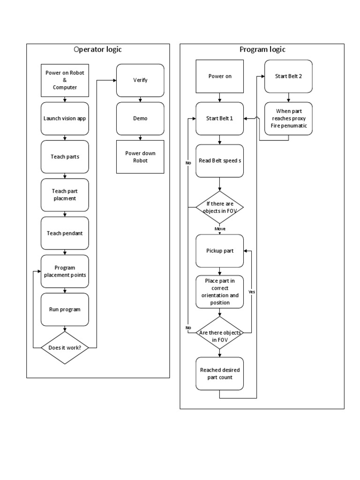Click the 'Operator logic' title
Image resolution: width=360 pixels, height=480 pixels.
point(98,50)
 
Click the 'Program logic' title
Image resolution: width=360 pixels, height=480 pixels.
point(262,50)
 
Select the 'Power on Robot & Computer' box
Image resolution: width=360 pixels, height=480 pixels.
point(65,80)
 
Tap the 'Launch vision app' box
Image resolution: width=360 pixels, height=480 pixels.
point(65,118)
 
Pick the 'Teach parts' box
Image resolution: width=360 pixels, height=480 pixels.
point(65,157)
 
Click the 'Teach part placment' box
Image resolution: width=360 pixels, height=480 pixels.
point(65,195)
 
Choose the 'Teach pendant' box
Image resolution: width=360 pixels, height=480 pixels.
point(65,233)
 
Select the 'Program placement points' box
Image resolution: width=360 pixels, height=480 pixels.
point(65,271)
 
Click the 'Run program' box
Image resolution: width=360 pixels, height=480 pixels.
point(65,309)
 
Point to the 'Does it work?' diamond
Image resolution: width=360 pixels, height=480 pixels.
point(65,348)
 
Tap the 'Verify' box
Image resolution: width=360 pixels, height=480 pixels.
point(140,80)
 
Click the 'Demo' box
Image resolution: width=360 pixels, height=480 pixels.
point(140,118)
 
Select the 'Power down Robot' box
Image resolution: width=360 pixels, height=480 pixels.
point(140,157)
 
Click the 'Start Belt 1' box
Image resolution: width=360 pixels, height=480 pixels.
point(220,118)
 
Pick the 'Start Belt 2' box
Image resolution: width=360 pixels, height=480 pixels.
point(288,76)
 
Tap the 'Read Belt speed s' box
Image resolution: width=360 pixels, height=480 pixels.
point(220,161)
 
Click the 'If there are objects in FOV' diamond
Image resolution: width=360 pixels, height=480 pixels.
point(220,207)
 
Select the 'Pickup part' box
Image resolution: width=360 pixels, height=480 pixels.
point(220,251)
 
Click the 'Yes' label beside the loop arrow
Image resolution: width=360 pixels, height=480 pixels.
point(252,291)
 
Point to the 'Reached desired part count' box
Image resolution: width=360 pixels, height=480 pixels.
point(220,374)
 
